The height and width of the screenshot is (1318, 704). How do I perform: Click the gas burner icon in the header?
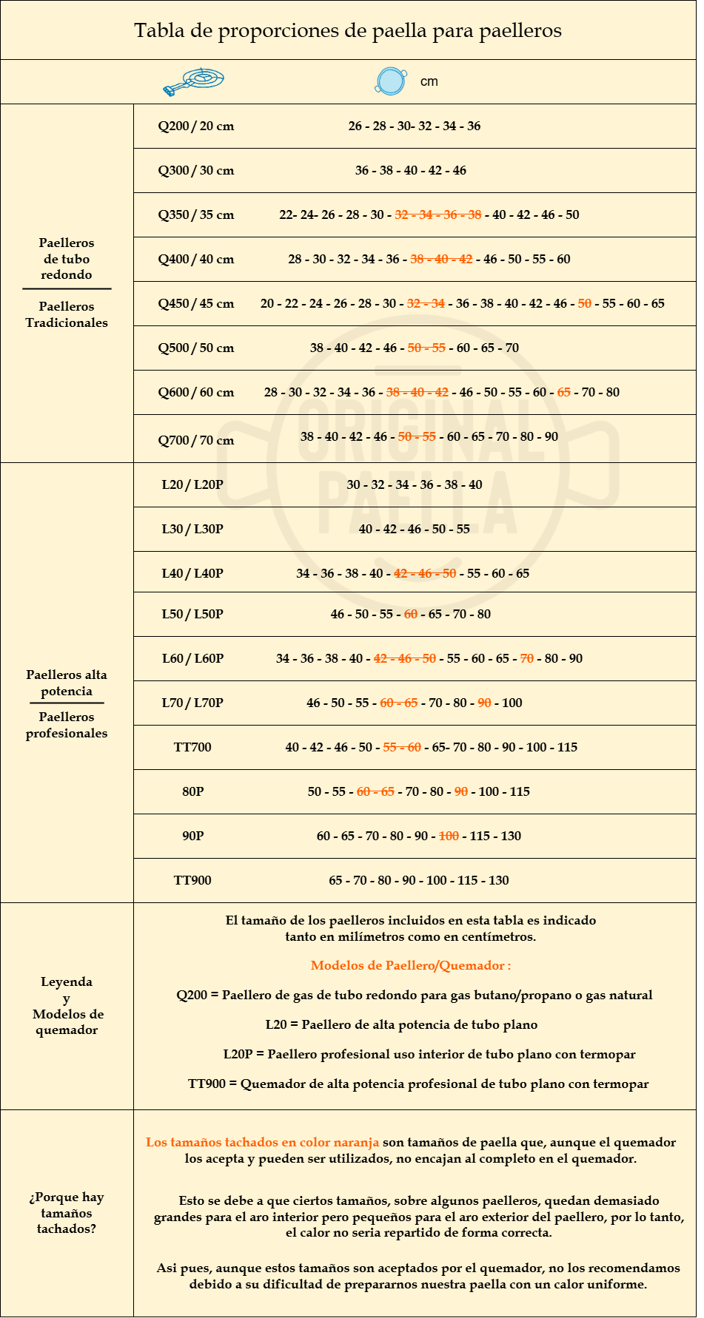(x=194, y=81)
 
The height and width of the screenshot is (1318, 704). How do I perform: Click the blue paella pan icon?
(x=390, y=81)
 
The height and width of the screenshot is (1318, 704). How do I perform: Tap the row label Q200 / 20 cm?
(x=195, y=126)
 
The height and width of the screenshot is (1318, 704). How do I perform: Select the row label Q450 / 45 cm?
(x=195, y=304)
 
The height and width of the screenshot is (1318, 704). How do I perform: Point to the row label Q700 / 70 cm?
(x=195, y=441)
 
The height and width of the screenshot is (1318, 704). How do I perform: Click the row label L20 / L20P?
(x=192, y=485)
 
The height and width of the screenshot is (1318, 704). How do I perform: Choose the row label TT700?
(x=192, y=748)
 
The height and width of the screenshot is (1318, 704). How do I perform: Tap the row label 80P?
(x=192, y=792)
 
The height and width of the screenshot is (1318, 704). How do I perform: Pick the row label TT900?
(x=192, y=881)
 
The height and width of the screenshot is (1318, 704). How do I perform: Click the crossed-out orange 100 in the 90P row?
(x=449, y=837)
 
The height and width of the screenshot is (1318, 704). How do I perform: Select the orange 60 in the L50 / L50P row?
(x=411, y=615)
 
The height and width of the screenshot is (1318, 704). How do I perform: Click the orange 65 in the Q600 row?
(x=564, y=393)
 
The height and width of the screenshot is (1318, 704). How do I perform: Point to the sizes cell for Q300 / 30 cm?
(x=411, y=171)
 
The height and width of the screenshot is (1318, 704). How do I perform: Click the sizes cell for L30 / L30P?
(x=415, y=530)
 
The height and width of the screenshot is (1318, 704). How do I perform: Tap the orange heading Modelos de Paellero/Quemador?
(x=411, y=966)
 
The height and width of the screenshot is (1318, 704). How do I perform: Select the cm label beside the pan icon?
(x=429, y=82)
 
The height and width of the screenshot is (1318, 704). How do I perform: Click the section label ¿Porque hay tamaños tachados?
(x=67, y=1213)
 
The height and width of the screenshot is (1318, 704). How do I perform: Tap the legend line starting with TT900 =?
(x=418, y=1084)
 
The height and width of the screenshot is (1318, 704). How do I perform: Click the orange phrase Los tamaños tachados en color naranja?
(x=262, y=1143)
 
